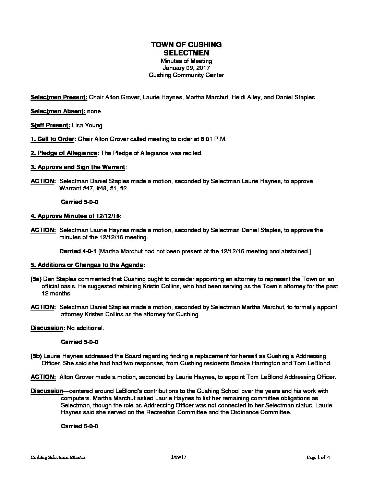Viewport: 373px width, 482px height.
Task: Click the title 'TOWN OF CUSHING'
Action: (x=186, y=45)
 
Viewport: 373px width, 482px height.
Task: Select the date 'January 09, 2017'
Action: (x=186, y=68)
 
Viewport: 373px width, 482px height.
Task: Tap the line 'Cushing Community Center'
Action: (x=186, y=75)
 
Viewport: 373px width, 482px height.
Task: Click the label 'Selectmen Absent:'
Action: (x=58, y=111)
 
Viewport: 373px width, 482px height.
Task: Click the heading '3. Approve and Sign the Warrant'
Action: (x=78, y=167)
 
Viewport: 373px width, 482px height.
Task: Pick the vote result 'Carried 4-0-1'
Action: (x=78, y=251)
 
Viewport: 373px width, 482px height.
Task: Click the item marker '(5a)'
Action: (x=36, y=279)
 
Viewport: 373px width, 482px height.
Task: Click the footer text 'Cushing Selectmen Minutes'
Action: (x=58, y=457)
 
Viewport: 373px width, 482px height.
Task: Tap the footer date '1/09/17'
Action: (x=178, y=457)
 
